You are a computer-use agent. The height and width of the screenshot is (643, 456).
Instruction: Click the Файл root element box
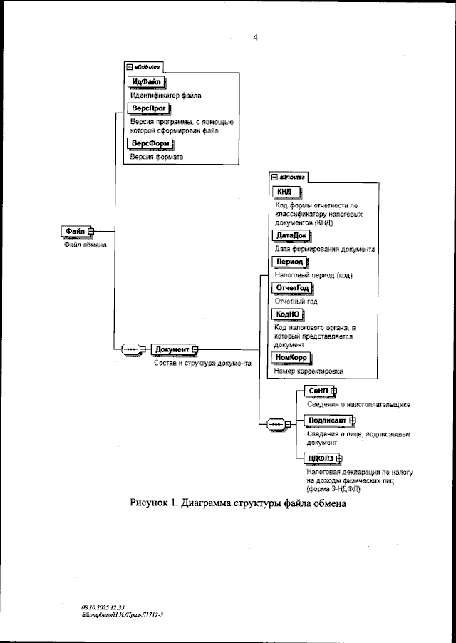(76, 231)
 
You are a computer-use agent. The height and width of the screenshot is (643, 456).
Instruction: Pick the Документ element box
(172, 349)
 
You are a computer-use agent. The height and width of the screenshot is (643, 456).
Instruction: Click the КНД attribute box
(285, 192)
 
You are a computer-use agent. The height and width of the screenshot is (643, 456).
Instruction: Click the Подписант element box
(324, 420)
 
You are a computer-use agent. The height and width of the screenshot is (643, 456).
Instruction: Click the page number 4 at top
(255, 38)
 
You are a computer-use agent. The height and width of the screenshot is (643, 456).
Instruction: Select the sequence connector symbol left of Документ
(133, 349)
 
